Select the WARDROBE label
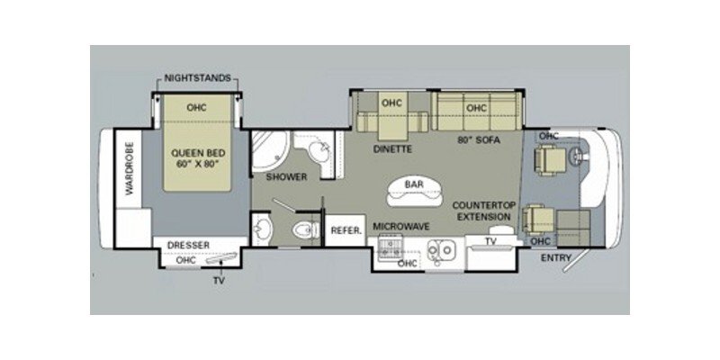click(128, 168)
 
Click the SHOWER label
click(286, 176)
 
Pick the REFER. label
click(346, 230)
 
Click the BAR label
click(413, 184)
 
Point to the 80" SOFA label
click(478, 140)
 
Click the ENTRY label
click(557, 259)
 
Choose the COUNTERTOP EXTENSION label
click(483, 212)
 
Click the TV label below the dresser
click(219, 281)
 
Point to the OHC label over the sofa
click(476, 109)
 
